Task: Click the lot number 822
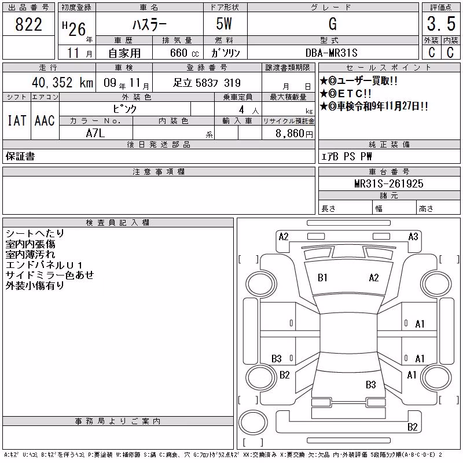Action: point(28,24)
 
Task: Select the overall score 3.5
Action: point(441,24)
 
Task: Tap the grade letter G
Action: point(333,24)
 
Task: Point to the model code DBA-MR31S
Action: point(331,53)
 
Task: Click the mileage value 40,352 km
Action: point(63,82)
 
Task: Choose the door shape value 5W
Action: point(224,24)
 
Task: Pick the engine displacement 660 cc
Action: point(184,53)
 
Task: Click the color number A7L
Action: point(95,133)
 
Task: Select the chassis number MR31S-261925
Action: point(389,183)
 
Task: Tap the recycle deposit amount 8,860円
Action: point(294,134)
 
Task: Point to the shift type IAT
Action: point(17,120)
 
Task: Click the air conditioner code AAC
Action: point(45,120)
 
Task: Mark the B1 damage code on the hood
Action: point(322,278)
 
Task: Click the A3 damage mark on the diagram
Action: point(413,237)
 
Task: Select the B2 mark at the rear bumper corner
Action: point(413,427)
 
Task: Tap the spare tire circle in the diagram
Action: point(253,422)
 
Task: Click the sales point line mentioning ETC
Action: point(346,94)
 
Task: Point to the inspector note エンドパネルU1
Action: point(44,265)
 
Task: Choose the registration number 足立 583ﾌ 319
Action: point(207,83)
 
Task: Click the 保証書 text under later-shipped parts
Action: point(20,156)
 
